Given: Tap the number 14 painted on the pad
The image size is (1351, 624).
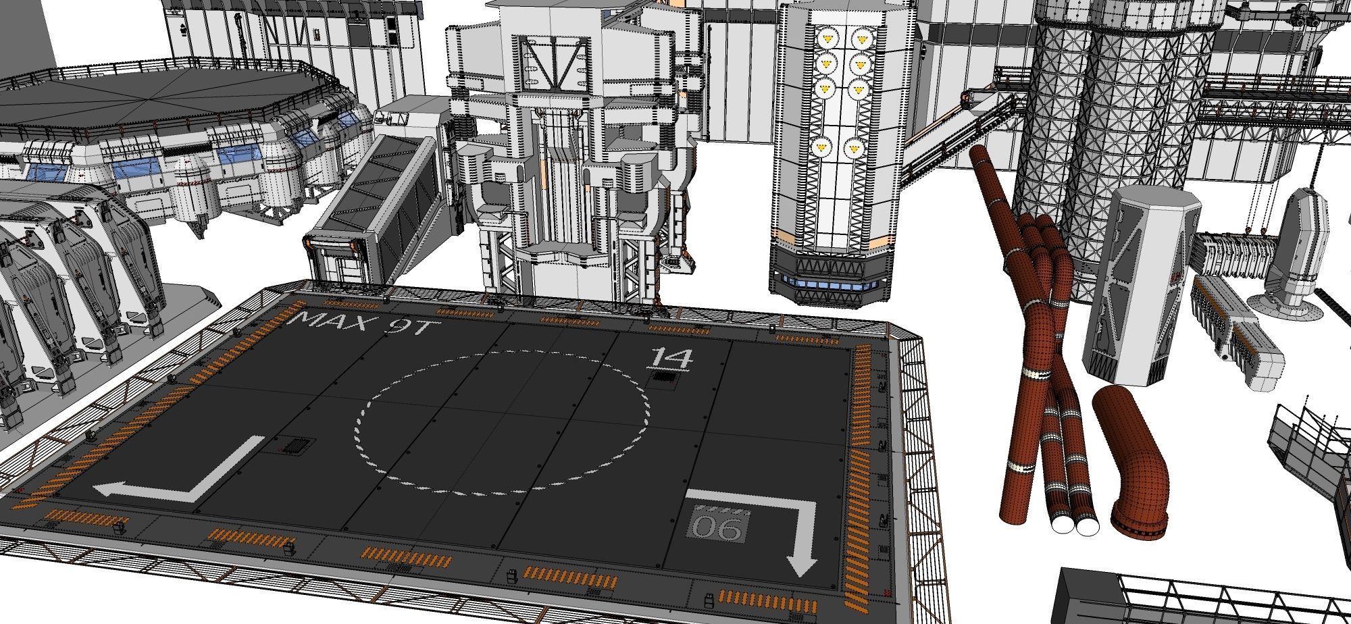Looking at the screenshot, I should coord(670,358).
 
